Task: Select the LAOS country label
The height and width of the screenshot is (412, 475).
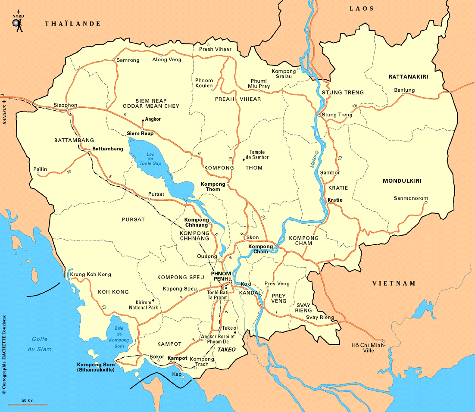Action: [x=361, y=9]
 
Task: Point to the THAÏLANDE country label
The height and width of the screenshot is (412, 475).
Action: [x=72, y=24]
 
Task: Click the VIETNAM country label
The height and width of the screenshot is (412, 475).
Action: [x=394, y=284]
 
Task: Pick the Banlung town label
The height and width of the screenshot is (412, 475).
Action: [x=404, y=90]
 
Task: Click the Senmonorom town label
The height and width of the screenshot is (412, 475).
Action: [x=411, y=198]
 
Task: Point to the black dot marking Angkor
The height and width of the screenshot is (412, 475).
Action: [x=143, y=121]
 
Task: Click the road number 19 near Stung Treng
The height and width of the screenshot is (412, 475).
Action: [x=354, y=106]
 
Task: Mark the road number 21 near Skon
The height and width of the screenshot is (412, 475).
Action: [x=264, y=219]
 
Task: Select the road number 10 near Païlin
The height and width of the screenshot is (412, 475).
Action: [x=69, y=172]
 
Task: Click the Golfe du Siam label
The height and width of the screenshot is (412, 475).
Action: [x=41, y=344]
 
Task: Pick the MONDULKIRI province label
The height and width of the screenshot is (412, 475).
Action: [x=402, y=181]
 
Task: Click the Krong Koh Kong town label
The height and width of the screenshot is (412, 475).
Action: [x=91, y=275]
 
